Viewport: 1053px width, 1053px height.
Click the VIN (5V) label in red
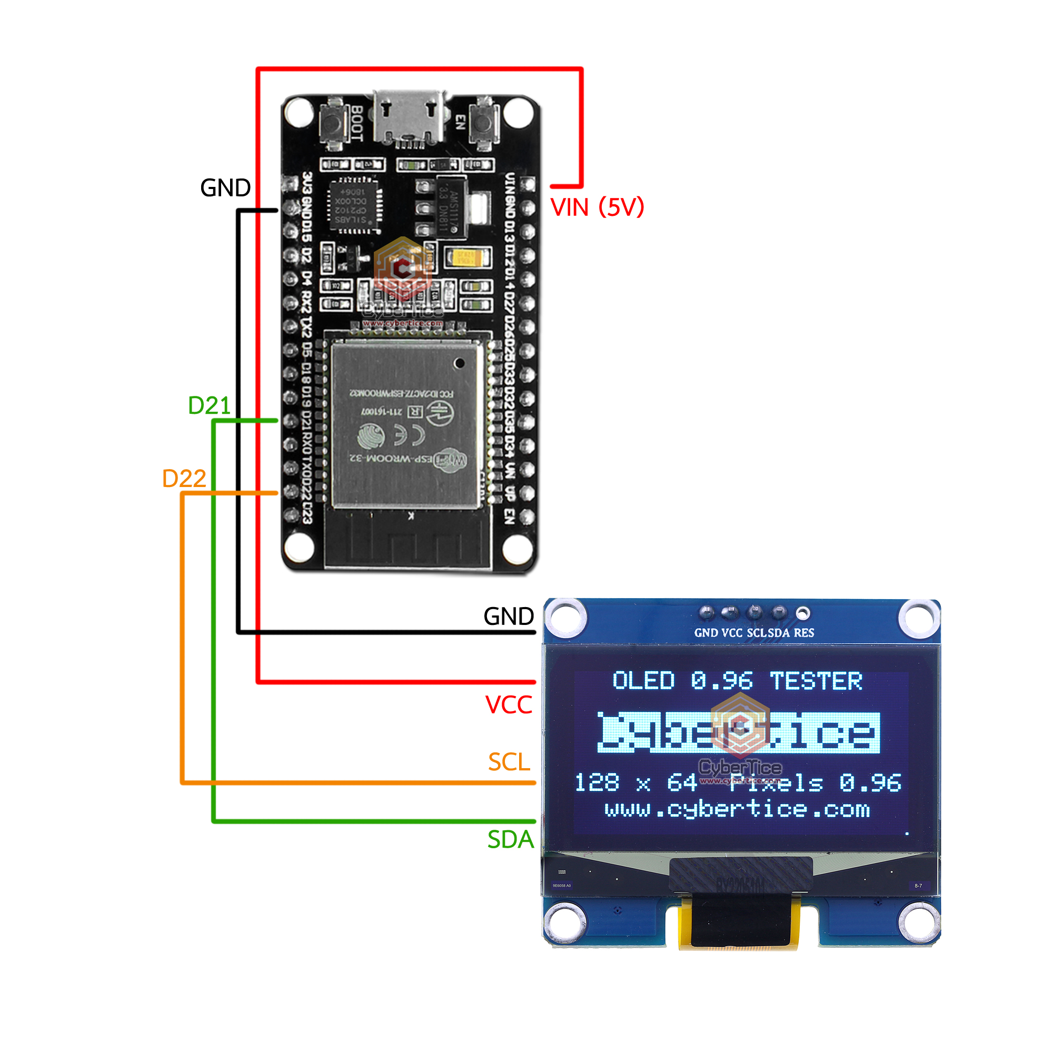point(597,207)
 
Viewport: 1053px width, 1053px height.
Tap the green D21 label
point(208,405)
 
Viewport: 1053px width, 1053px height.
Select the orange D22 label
point(184,479)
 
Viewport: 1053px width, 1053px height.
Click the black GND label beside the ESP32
point(225,188)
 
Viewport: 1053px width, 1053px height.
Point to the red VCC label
point(508,705)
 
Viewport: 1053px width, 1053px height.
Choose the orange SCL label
point(509,762)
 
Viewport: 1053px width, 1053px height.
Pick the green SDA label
point(510,839)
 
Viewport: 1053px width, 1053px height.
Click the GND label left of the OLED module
point(508,617)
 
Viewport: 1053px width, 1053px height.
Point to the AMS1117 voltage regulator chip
point(450,207)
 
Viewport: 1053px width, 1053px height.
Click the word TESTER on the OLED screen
point(816,681)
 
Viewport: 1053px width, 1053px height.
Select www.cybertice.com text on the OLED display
point(737,809)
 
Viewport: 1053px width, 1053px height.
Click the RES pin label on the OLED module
point(803,633)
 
